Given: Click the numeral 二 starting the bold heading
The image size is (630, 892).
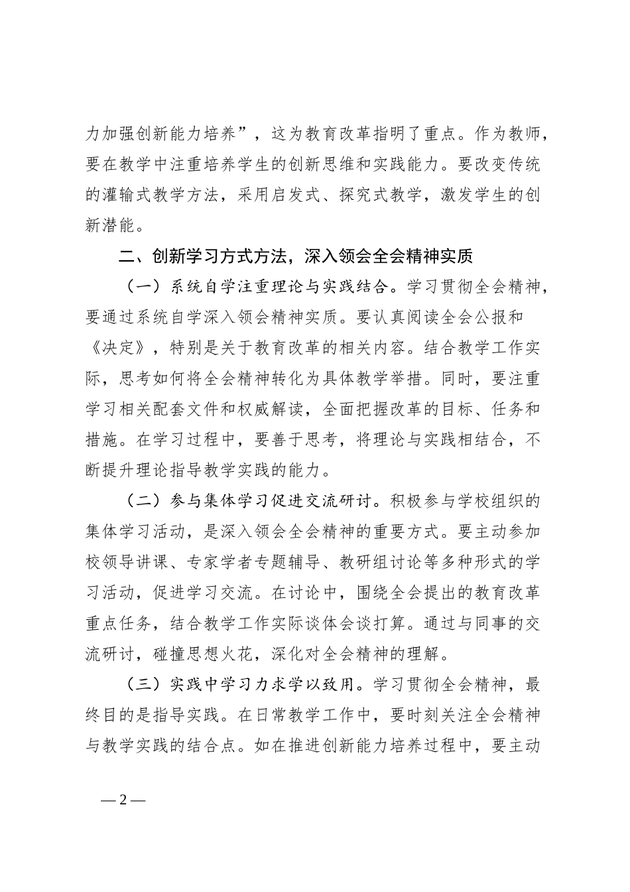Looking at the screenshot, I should coord(125,256).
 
